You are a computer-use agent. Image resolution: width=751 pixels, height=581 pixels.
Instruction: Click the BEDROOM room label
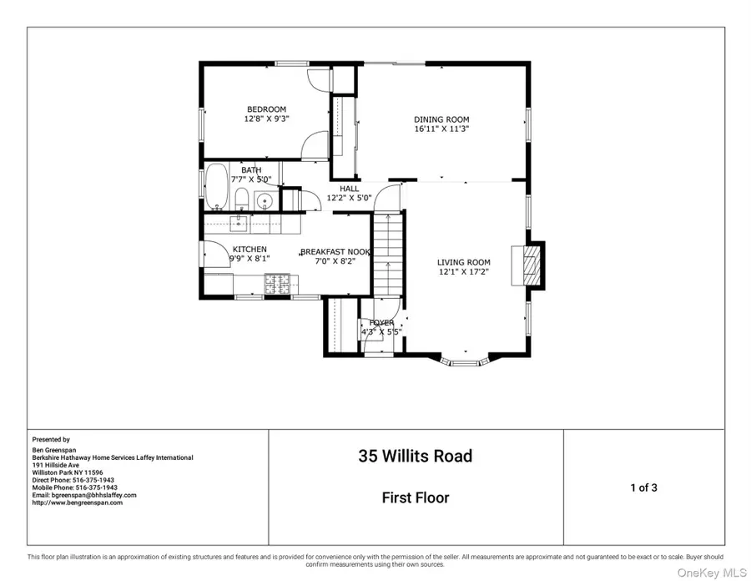[265, 109]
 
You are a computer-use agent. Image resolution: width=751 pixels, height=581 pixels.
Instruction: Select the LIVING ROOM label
[464, 262]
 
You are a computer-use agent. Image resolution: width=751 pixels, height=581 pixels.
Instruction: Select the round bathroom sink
[265, 201]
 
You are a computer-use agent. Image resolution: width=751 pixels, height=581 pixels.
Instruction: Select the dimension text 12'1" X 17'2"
[464, 272]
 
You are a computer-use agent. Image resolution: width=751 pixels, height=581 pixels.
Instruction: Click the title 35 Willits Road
[416, 457]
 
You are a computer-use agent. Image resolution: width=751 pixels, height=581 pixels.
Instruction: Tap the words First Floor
[416, 498]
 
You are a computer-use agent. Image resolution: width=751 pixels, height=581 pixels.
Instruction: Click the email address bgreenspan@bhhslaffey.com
[83, 495]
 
